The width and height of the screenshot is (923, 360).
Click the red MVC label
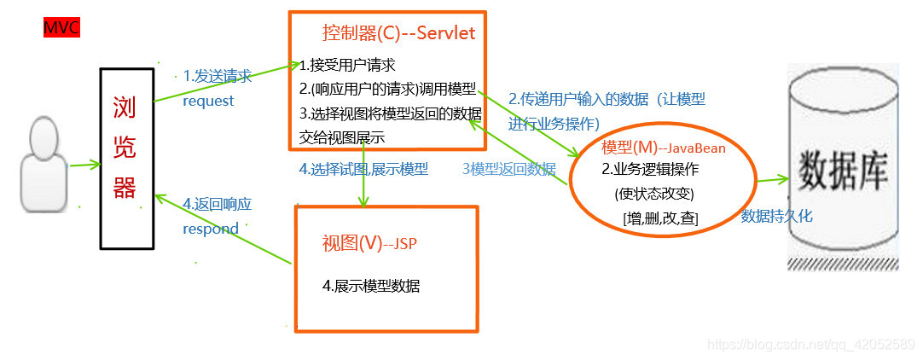coord(61,28)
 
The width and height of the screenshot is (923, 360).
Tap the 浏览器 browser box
coord(125,147)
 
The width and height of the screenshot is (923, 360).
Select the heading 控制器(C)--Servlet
coord(398,33)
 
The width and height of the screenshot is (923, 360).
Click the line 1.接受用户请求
coord(347,65)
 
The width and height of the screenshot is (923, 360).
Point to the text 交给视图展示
coord(342,136)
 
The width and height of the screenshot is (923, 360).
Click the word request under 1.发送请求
coord(208,101)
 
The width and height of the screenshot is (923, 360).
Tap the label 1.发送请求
coord(218,76)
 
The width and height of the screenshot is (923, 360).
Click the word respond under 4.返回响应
coord(211,229)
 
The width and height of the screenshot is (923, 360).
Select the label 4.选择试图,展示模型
coord(363,168)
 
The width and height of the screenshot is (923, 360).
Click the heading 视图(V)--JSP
coord(369,243)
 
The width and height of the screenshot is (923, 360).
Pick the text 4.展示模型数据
coord(371,286)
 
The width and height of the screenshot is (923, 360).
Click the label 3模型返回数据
coord(508,169)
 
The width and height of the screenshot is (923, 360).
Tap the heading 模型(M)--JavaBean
coord(664,148)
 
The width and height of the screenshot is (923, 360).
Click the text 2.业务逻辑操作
coord(650,169)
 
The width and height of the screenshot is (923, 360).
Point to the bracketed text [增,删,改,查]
coord(661,219)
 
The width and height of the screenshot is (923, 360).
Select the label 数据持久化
coord(776,216)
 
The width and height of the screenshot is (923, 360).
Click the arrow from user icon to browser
coord(84,165)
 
